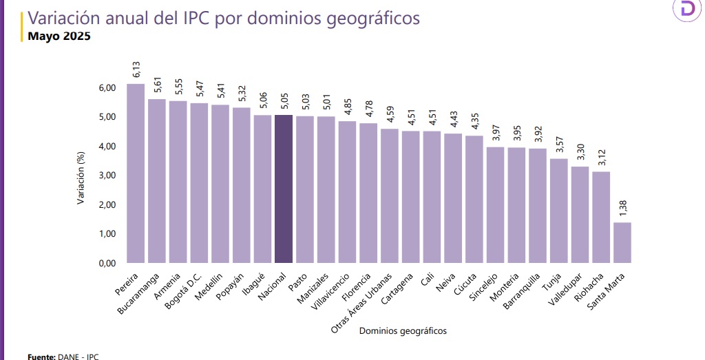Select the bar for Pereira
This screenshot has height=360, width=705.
click(136, 173)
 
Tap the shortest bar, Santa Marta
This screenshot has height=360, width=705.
click(622, 242)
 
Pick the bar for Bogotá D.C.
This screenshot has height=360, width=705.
click(199, 183)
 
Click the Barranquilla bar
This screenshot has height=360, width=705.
click(538, 206)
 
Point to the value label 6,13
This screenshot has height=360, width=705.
click(137, 69)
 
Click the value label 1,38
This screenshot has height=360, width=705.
click(622, 207)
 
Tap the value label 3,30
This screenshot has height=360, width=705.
click(580, 152)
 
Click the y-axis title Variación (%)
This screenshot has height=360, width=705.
click(81, 175)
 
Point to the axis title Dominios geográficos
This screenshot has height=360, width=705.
click(403, 331)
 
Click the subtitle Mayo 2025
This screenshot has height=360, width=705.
click(59, 36)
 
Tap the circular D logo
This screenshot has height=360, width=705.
click(687, 10)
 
